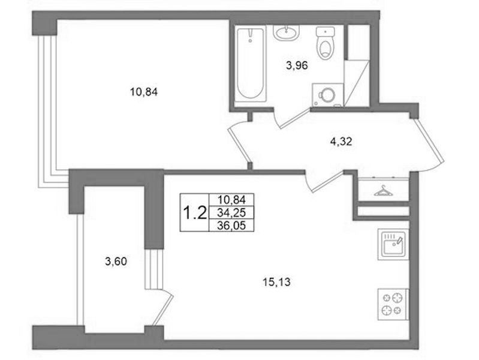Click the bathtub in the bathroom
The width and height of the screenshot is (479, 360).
[251, 64]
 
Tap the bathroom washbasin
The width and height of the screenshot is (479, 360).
[286, 32]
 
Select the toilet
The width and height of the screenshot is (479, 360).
[325, 43]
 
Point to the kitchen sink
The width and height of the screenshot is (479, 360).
[393, 244]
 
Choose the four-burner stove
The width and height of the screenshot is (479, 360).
[393, 304]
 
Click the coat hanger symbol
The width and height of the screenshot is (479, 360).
[384, 191]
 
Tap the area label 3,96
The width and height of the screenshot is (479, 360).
[297, 65]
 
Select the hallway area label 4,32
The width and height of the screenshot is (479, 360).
[341, 142]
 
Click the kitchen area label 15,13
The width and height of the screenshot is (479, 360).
[276, 282]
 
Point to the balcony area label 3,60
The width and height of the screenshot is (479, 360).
[116, 262]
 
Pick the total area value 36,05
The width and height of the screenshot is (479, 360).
[231, 226]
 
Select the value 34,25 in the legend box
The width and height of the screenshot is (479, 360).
[231, 212]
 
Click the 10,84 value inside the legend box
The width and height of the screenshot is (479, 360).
[231, 200]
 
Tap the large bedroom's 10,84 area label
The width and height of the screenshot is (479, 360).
[144, 92]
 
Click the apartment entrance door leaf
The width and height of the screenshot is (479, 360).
[427, 140]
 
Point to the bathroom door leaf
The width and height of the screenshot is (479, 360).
[295, 119]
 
